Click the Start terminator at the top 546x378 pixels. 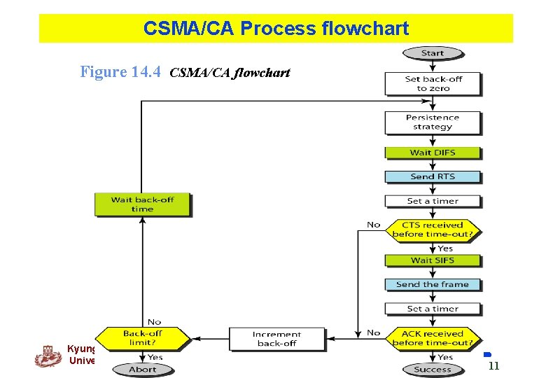(433, 53)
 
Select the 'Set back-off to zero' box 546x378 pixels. (433, 84)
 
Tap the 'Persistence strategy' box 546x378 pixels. (433, 122)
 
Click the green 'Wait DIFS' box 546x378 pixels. (433, 153)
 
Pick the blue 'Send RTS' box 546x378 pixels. (433, 176)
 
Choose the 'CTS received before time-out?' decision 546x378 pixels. (433, 230)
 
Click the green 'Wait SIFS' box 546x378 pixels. (433, 260)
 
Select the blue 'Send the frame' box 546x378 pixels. (433, 285)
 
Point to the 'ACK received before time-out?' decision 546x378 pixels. (433, 338)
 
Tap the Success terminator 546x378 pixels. (433, 369)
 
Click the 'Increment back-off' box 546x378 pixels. (276, 339)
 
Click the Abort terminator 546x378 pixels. (142, 369)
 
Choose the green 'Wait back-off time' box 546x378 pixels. (142, 204)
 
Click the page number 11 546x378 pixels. (493, 365)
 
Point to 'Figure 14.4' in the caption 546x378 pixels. (120, 71)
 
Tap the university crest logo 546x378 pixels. (48, 356)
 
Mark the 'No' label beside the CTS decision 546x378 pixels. (374, 225)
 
